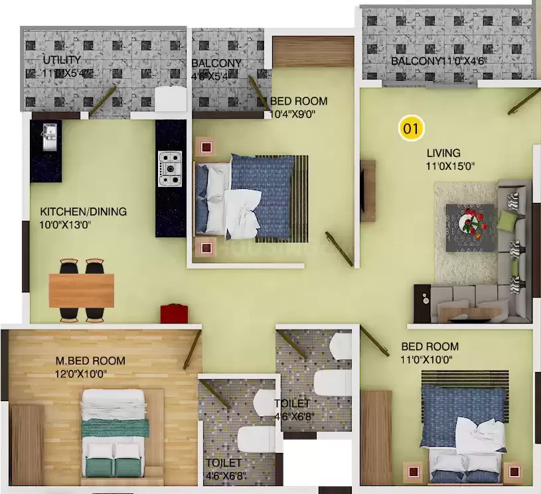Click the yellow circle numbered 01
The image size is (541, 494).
[x=411, y=128]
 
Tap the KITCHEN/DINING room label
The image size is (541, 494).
[x=83, y=212]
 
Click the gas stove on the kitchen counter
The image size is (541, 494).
[x=169, y=168]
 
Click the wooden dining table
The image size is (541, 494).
[x=81, y=290]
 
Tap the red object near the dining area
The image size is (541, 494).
[x=171, y=312]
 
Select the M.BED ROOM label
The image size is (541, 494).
[x=90, y=361]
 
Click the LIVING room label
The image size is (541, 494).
[x=443, y=153]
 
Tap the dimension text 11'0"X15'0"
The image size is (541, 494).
[x=450, y=166]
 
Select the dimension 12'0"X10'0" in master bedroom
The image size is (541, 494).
[x=81, y=373]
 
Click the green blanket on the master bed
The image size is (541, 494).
[x=114, y=428]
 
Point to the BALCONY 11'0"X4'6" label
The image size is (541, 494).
[x=439, y=62]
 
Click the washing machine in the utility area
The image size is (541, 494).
[x=171, y=98]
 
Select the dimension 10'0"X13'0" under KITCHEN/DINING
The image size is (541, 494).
[x=65, y=225]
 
